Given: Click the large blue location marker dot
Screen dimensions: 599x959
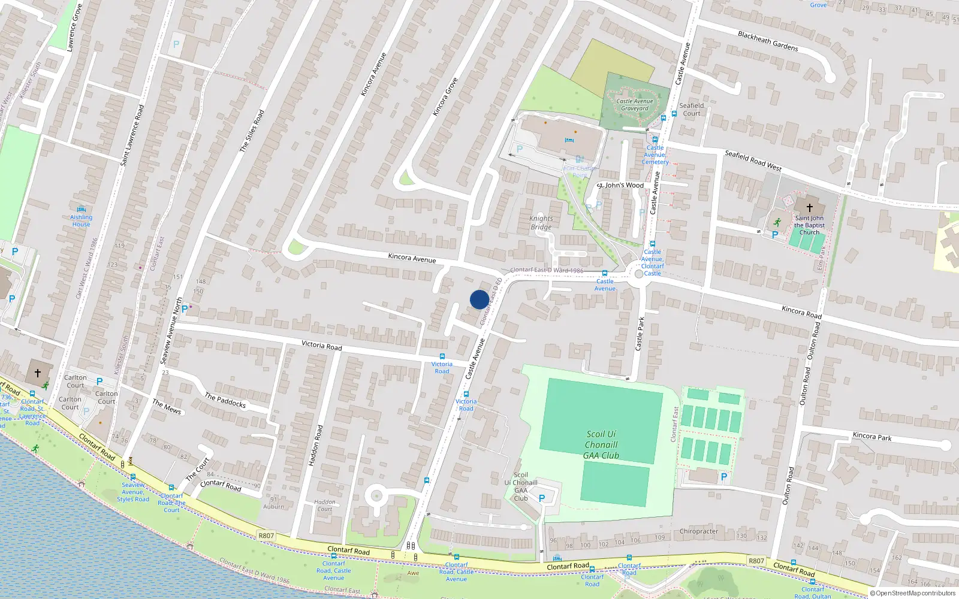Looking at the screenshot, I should click(479, 299).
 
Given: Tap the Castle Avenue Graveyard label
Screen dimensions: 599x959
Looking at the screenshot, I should click(635, 105).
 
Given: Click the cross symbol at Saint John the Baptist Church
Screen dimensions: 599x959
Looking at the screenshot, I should click(809, 208).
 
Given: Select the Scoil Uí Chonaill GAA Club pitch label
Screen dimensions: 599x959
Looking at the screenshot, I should click(601, 444).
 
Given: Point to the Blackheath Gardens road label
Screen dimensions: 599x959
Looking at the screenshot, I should click(768, 41).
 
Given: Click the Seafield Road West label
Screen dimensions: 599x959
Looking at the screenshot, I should click(753, 161).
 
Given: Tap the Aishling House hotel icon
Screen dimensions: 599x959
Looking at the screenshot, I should click(81, 210).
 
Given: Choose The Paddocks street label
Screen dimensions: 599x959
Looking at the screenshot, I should click(225, 400).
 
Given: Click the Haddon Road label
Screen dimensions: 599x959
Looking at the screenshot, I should click(315, 446).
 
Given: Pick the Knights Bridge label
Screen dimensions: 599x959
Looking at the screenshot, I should click(541, 223).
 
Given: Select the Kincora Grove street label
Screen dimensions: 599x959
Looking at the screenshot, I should click(445, 96).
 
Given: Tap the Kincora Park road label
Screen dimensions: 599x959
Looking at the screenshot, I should click(872, 437).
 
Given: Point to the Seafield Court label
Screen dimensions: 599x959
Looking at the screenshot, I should click(692, 109).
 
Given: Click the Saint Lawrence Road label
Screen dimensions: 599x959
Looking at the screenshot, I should click(132, 135).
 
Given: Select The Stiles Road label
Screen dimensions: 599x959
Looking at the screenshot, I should click(252, 131).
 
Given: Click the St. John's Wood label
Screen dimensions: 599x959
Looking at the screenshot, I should click(620, 186).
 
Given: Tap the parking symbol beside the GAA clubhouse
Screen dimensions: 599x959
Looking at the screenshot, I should click(542, 498).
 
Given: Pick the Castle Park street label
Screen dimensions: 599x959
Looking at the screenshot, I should click(640, 334).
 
